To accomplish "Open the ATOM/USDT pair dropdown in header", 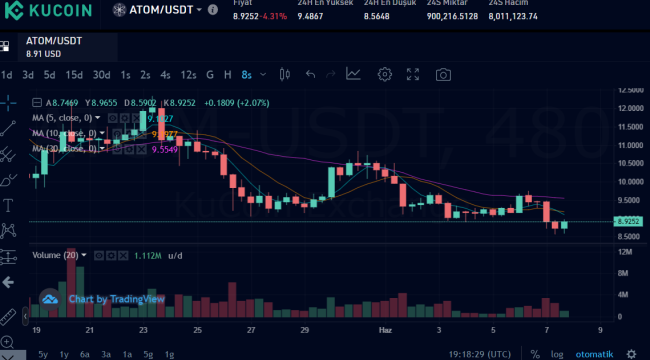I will tap(166, 10).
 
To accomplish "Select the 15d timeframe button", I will tap(74, 74).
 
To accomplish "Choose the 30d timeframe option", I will tap(101, 74).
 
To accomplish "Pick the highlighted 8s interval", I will tap(247, 74).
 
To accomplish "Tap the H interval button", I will tap(228, 74).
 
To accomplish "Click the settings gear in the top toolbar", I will tap(384, 74).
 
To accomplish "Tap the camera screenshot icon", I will tap(443, 74).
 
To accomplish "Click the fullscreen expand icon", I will tap(413, 74).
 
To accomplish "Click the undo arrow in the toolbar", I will tap(310, 74).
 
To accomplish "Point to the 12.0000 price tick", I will tap(629, 108).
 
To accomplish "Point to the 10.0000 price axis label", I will tap(629, 182).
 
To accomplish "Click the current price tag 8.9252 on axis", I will tap(629, 221).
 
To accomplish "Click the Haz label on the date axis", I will tap(384, 328).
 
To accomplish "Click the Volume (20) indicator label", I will tap(57, 255).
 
